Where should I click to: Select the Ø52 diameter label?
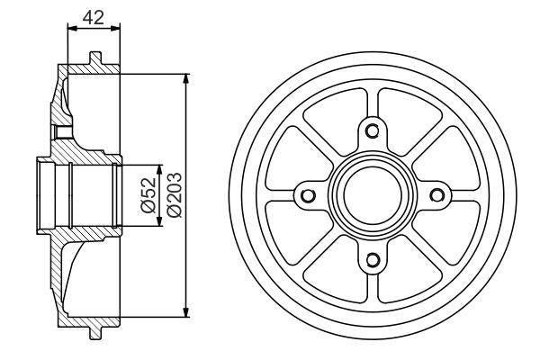148,195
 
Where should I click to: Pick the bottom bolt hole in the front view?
371,262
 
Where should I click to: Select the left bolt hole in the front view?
306,196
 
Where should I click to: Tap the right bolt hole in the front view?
436,196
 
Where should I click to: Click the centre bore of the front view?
371,196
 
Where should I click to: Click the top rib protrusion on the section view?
94,60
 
